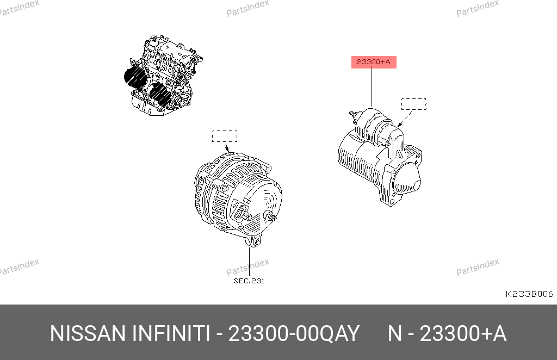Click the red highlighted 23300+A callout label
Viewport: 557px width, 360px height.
click(374, 62)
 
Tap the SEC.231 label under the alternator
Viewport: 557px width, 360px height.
click(249, 281)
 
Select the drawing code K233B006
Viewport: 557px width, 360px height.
click(529, 294)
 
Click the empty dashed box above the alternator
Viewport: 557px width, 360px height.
click(225, 136)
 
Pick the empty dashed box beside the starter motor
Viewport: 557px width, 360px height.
click(414, 104)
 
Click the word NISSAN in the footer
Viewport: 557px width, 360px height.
click(88, 334)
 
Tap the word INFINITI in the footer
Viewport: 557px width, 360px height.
click(171, 334)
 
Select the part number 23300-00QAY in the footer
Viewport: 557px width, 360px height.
click(294, 334)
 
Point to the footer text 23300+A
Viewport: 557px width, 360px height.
click(463, 334)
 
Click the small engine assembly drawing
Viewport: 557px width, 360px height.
click(163, 75)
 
